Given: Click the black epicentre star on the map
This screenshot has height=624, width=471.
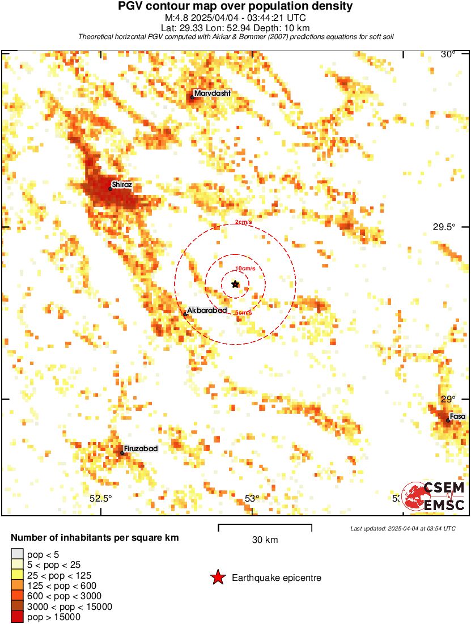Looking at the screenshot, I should [x=235, y=284].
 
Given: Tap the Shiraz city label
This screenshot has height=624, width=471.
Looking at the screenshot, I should [x=122, y=185].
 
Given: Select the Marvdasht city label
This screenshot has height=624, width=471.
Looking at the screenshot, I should [x=212, y=94].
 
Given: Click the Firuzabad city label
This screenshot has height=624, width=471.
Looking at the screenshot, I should [x=141, y=448].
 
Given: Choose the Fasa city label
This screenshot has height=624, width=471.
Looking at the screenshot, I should [x=457, y=417].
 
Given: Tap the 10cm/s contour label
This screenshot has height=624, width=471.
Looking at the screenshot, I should [x=245, y=268].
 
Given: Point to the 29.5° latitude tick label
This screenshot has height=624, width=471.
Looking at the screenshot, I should [x=444, y=227].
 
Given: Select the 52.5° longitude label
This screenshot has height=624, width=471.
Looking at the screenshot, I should [x=101, y=499].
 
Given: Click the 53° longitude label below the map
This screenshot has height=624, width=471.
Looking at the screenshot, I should [x=252, y=499].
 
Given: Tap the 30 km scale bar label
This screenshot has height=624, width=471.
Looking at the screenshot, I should [x=265, y=540].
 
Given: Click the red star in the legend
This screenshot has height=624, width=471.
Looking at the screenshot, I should [x=218, y=578].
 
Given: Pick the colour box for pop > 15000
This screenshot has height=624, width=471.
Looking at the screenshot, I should [x=17, y=617].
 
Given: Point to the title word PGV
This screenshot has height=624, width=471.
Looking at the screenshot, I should [x=131, y=6].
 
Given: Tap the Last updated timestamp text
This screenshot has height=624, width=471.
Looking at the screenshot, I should [x=402, y=528].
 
